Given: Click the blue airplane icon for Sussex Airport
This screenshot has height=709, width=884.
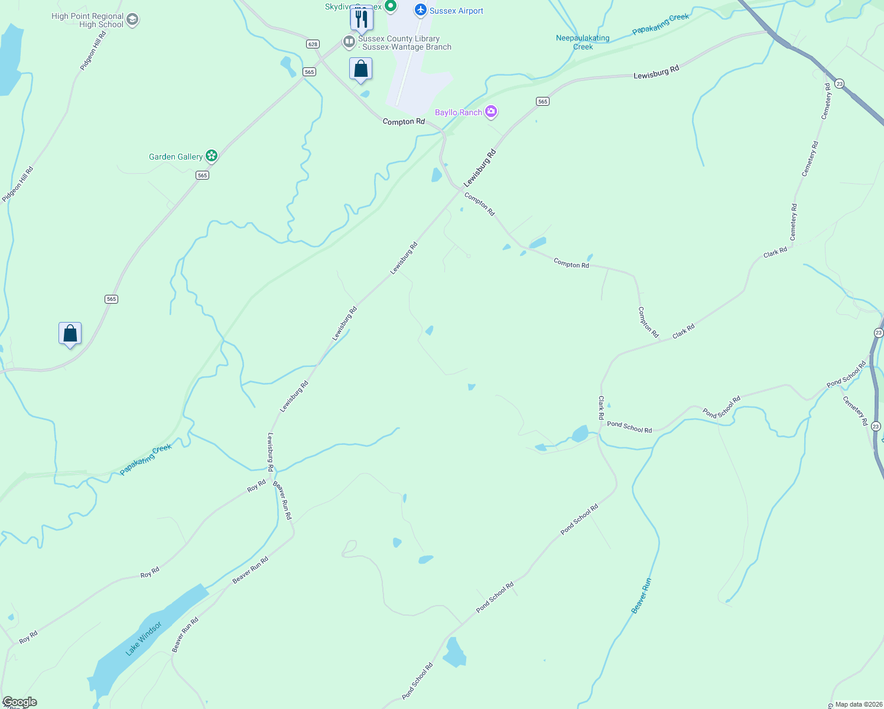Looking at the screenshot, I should (x=421, y=10).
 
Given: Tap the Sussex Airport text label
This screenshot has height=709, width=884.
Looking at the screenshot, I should (x=456, y=11).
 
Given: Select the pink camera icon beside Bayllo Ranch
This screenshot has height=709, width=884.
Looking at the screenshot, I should (x=491, y=112).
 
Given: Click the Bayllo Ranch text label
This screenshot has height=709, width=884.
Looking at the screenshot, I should (x=459, y=112).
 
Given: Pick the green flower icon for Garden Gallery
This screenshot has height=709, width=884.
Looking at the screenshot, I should (x=212, y=156).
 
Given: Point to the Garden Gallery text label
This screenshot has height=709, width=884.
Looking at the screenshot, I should (x=175, y=157).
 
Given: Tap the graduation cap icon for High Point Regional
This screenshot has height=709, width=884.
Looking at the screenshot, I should (x=132, y=20).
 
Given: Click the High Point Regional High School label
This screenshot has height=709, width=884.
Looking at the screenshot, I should (x=87, y=20).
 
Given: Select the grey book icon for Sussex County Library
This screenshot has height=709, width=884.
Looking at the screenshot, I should (x=349, y=41).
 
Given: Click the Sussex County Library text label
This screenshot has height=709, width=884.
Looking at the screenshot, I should (x=404, y=43).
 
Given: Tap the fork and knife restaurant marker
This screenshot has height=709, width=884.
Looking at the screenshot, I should (x=361, y=19).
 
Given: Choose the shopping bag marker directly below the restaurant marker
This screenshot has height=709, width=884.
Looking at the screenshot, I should (x=360, y=69).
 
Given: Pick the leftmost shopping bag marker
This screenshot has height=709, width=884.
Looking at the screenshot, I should (x=70, y=334).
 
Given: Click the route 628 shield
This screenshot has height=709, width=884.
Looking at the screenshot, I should (x=313, y=44).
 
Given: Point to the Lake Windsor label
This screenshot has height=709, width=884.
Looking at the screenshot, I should (x=144, y=638).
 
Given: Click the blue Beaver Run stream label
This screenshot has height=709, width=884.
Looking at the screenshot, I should (x=641, y=596).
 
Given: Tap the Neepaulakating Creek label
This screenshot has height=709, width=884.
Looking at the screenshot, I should (x=583, y=42).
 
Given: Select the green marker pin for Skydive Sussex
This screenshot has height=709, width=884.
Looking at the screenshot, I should (x=390, y=6).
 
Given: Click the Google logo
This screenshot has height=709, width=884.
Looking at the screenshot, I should (x=19, y=702).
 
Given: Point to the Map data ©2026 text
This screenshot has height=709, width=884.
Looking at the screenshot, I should (x=859, y=704).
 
